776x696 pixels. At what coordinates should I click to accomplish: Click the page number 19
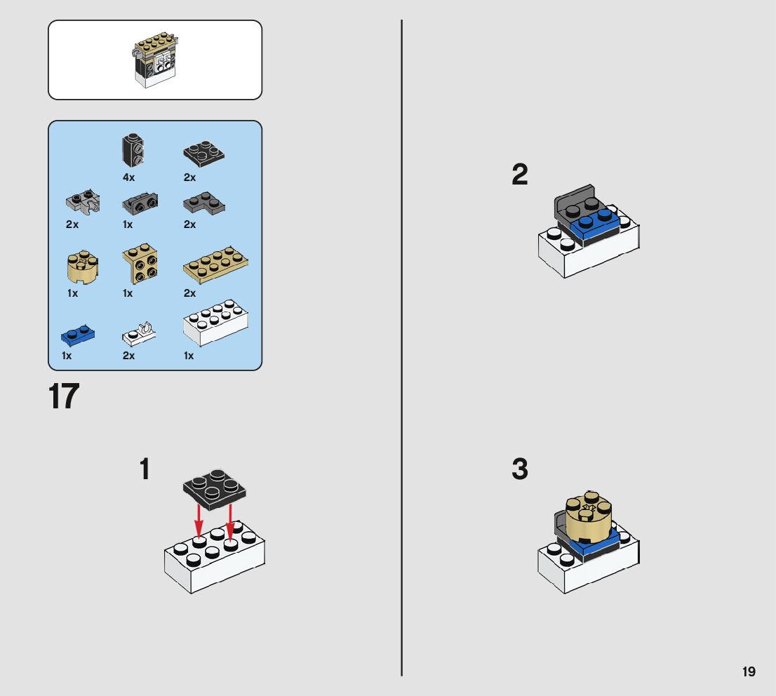(749, 671)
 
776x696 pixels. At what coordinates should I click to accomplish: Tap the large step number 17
(64, 397)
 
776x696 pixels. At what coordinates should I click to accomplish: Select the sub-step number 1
(145, 469)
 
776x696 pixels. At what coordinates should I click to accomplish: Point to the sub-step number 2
(519, 175)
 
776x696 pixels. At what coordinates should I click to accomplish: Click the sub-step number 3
(519, 469)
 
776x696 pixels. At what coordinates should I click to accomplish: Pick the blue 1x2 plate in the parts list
(78, 335)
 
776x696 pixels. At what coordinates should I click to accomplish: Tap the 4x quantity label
(128, 178)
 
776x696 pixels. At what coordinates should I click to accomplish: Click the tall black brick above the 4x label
(132, 149)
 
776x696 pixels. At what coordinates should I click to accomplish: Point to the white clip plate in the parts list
(138, 333)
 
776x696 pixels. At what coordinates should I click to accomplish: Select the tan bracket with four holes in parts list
(140, 265)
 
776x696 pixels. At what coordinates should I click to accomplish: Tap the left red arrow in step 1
(199, 520)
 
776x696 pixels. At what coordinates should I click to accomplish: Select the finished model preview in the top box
(155, 60)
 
